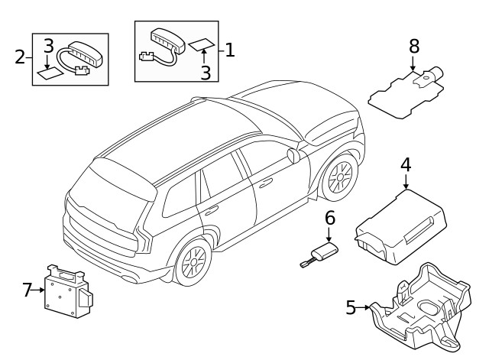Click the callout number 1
coord(229,50)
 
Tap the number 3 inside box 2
coord(47,44)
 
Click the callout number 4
coord(405,164)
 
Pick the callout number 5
coord(351,308)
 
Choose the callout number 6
coord(330,218)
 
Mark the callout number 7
coord(28,290)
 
